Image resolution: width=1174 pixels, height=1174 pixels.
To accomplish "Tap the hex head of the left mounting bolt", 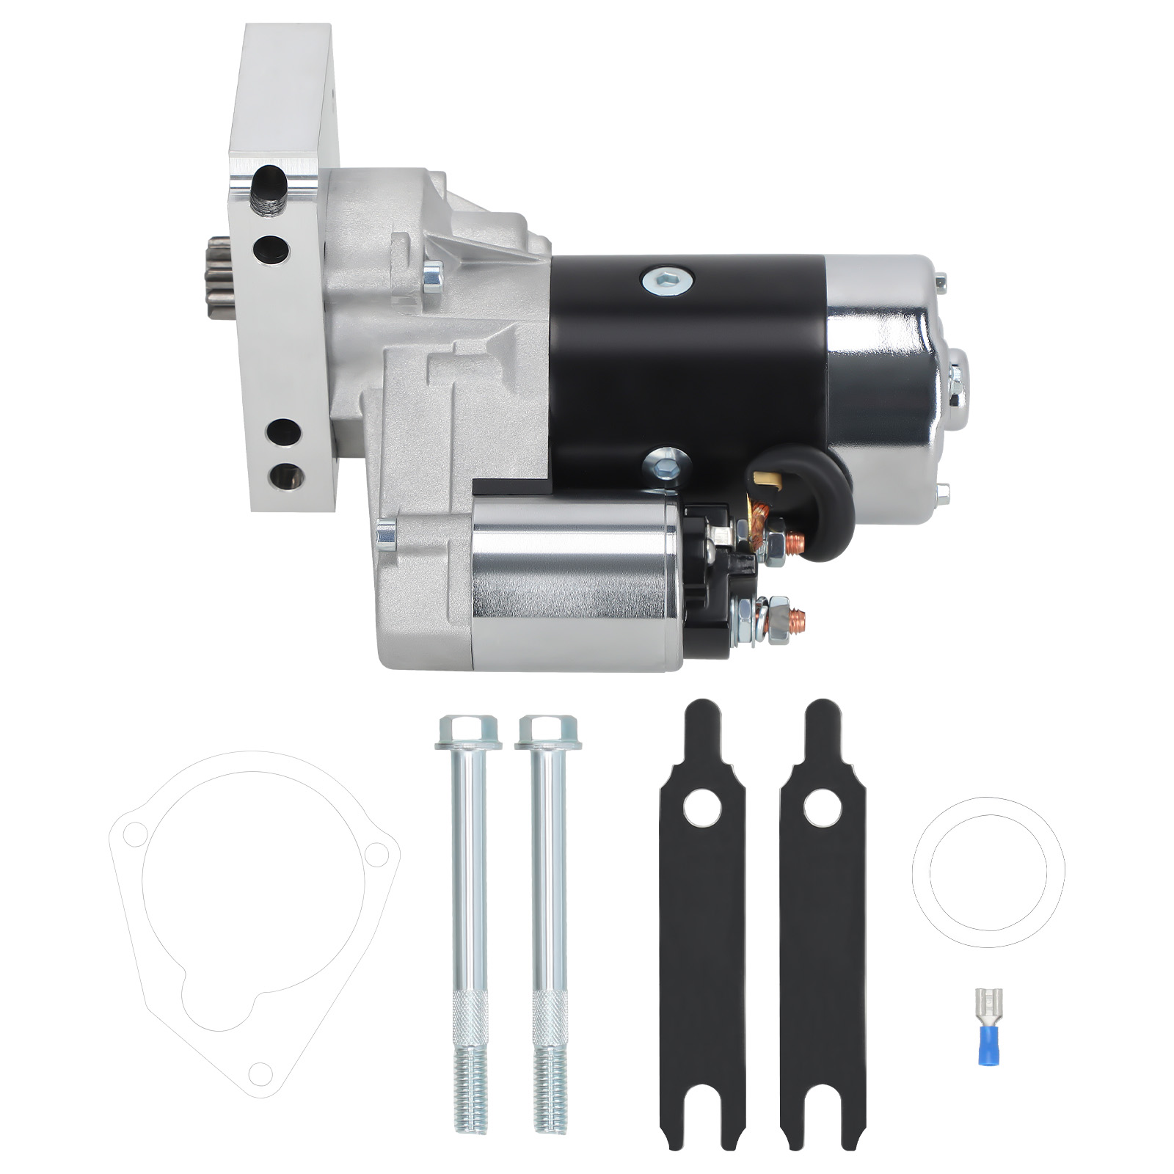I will click(x=468, y=732).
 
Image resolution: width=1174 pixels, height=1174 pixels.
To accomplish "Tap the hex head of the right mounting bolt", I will click(x=548, y=732).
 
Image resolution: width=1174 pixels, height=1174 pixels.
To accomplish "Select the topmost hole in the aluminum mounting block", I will click(x=268, y=178).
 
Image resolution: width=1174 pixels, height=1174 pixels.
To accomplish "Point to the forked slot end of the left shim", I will click(x=703, y=1101).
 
